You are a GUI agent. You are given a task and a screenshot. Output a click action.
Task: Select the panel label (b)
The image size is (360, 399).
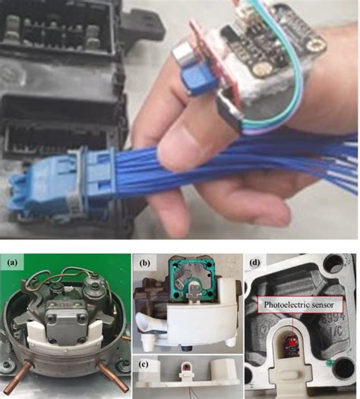click(x=144, y=264)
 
